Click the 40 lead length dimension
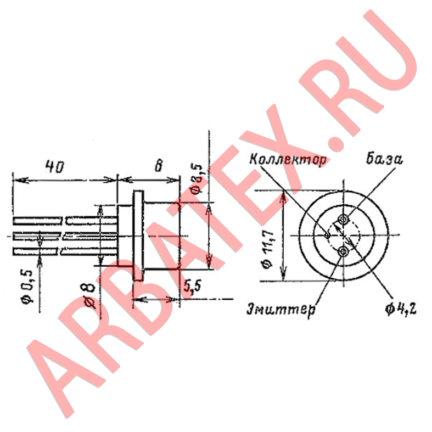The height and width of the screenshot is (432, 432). point(55,166)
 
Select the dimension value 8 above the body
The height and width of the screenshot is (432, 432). point(159,166)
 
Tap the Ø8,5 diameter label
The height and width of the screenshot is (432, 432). point(198,178)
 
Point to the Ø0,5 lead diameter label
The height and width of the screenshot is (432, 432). point(28,287)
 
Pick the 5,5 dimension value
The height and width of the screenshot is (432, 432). point(193,287)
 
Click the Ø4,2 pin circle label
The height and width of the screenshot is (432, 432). point(401,310)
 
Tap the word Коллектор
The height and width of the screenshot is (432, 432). point(288,159)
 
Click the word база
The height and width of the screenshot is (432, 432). point(384,159)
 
